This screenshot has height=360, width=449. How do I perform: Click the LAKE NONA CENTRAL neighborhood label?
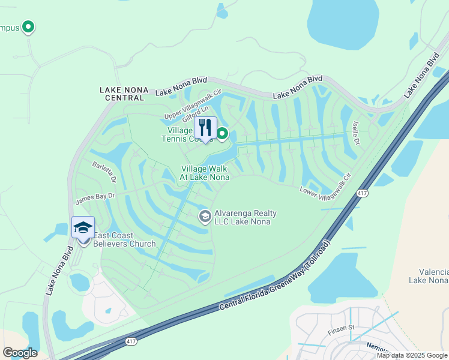coord(124,94)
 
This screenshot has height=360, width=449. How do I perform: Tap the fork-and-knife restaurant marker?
coord(205,128)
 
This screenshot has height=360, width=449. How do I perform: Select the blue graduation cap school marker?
coord(83,227)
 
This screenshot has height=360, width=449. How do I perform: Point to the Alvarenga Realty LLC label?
coord(238,217)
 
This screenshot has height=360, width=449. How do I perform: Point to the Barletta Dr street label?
coord(103,171)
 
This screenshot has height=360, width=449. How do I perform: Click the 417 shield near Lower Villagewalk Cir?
coord(361,193)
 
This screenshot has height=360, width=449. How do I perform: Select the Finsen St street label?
coord(342,329)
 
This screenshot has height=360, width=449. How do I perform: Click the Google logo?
coord(20,353)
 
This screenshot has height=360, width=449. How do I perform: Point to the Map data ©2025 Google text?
coord(412,355)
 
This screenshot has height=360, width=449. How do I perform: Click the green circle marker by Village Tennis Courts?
coord(222,134)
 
